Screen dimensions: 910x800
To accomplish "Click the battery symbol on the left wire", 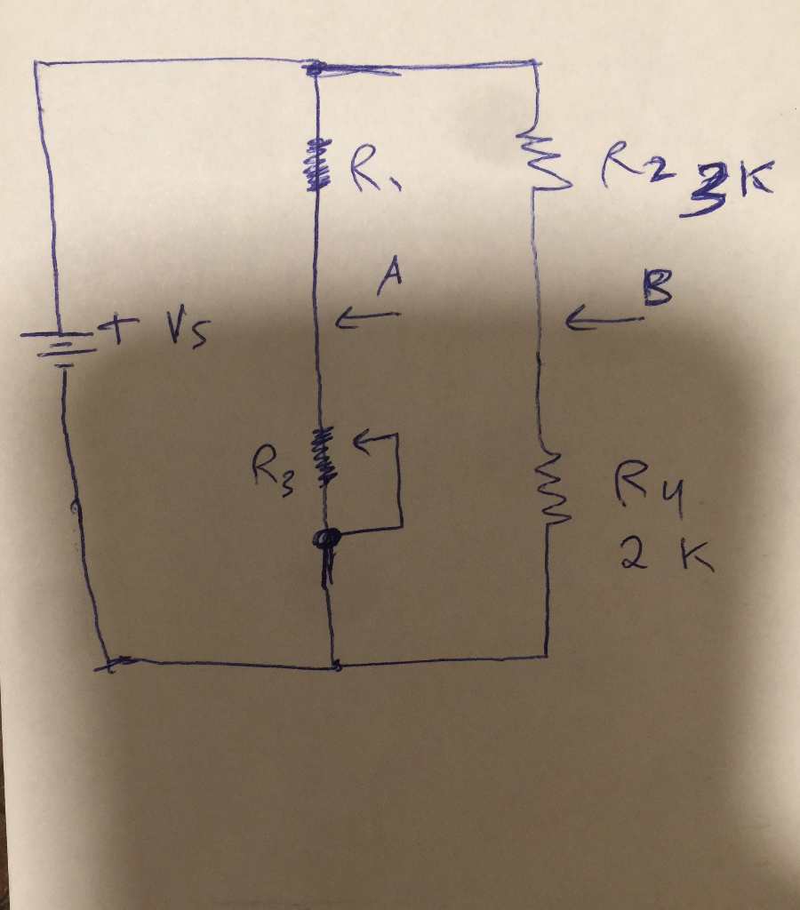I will pyautogui.click(x=61, y=347).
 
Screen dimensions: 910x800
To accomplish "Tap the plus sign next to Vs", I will pyautogui.click(x=115, y=332).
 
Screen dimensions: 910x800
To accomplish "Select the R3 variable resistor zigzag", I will pyautogui.click(x=324, y=454).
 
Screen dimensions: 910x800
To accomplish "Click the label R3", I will pyautogui.click(x=272, y=462).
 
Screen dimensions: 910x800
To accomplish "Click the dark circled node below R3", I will pyautogui.click(x=328, y=539).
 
